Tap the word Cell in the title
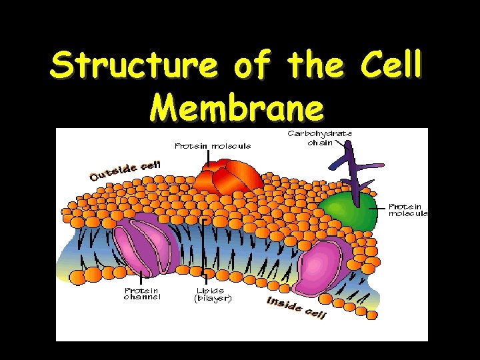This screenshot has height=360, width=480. point(391,66)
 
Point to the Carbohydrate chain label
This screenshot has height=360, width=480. point(320,138)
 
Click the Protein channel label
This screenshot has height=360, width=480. point(142,294)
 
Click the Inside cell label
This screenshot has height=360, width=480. point(296,308)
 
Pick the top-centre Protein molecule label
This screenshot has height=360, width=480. point(213,146)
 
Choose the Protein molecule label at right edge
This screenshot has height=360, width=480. point(408,210)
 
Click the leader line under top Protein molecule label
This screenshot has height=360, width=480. point(209,158)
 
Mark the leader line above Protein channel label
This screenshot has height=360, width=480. point(141,277)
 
